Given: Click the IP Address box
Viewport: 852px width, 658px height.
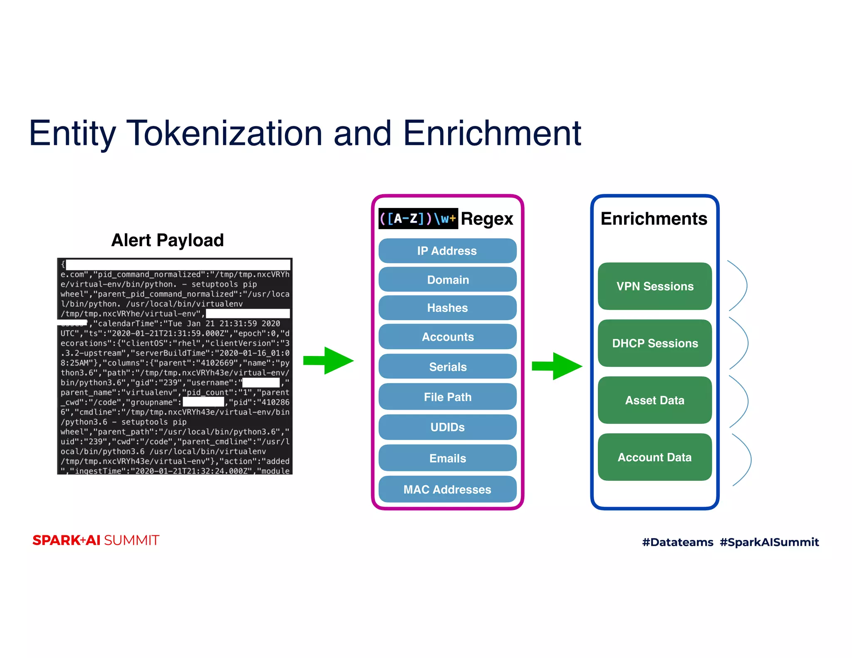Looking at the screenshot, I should tap(447, 251).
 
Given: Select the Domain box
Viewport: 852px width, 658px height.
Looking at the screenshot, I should tap(447, 280).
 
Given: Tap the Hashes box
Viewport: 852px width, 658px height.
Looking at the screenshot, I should tap(447, 308).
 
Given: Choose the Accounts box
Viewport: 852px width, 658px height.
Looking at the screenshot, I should tap(447, 337).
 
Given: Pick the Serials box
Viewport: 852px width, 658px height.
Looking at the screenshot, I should tap(447, 367).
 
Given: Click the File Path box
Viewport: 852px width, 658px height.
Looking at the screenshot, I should tap(447, 397).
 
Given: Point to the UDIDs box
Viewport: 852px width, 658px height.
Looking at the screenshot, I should tap(447, 427).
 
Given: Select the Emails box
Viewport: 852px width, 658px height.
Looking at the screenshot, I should tap(447, 458).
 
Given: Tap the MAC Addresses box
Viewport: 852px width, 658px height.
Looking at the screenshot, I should tap(447, 489).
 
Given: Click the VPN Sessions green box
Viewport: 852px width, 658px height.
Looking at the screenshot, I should tap(654, 286).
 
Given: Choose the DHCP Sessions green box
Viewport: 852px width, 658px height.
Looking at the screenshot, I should tap(654, 343).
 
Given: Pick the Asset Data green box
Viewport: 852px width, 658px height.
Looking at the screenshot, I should tap(654, 400).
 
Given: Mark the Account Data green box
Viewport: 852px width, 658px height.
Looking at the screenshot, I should tap(654, 457).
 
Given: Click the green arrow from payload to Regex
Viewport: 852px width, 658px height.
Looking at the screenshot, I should tap(329, 361).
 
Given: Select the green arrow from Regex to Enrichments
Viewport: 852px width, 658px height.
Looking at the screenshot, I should tap(557, 366).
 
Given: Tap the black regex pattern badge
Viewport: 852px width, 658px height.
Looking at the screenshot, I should tap(418, 219).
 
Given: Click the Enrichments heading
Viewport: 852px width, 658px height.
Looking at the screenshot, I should tap(654, 219).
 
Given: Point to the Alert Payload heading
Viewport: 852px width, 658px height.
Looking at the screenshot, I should tap(167, 240).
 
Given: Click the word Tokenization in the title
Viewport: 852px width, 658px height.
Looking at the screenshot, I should tap(225, 134).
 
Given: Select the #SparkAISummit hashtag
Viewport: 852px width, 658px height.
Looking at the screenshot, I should tap(769, 542).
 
